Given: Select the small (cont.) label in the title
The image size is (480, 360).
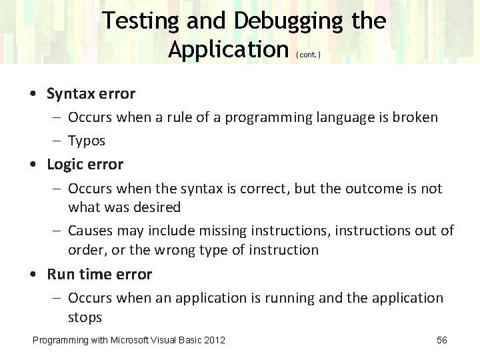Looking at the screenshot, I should [x=308, y=55].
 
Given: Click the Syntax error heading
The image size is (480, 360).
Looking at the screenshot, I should [x=91, y=94].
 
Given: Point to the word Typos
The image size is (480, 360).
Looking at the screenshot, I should [x=86, y=141].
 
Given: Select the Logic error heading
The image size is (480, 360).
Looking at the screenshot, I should [x=85, y=164].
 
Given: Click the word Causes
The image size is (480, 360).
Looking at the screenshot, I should [x=91, y=231].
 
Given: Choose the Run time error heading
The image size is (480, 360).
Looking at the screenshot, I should [x=99, y=274].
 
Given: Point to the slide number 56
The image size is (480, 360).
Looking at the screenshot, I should [x=441, y=341].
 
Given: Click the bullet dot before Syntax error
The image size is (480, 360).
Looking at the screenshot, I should [x=33, y=94].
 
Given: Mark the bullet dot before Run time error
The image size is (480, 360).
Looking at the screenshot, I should [x=33, y=274].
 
